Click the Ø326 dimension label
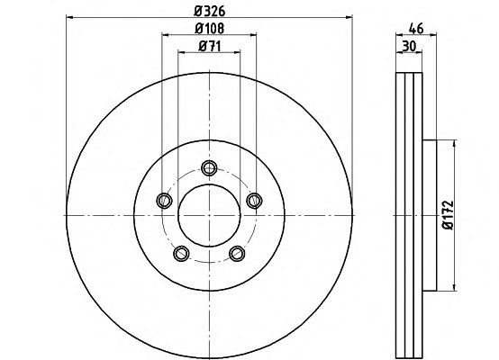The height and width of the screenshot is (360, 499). tap(210, 12)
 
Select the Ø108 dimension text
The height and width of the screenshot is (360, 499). tap(209, 29)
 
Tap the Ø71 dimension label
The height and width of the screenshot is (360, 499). tap(209, 47)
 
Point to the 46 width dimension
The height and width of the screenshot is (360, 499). tap(416, 29)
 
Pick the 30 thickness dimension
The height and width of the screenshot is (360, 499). tap(409, 47)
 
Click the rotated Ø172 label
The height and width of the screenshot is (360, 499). tap(448, 215)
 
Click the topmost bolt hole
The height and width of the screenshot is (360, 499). tap(209, 167)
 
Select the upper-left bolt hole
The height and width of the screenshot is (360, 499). tap(165, 201)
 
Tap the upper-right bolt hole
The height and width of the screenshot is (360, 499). tap(254, 201)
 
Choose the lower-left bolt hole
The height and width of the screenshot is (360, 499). tap(182, 254)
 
